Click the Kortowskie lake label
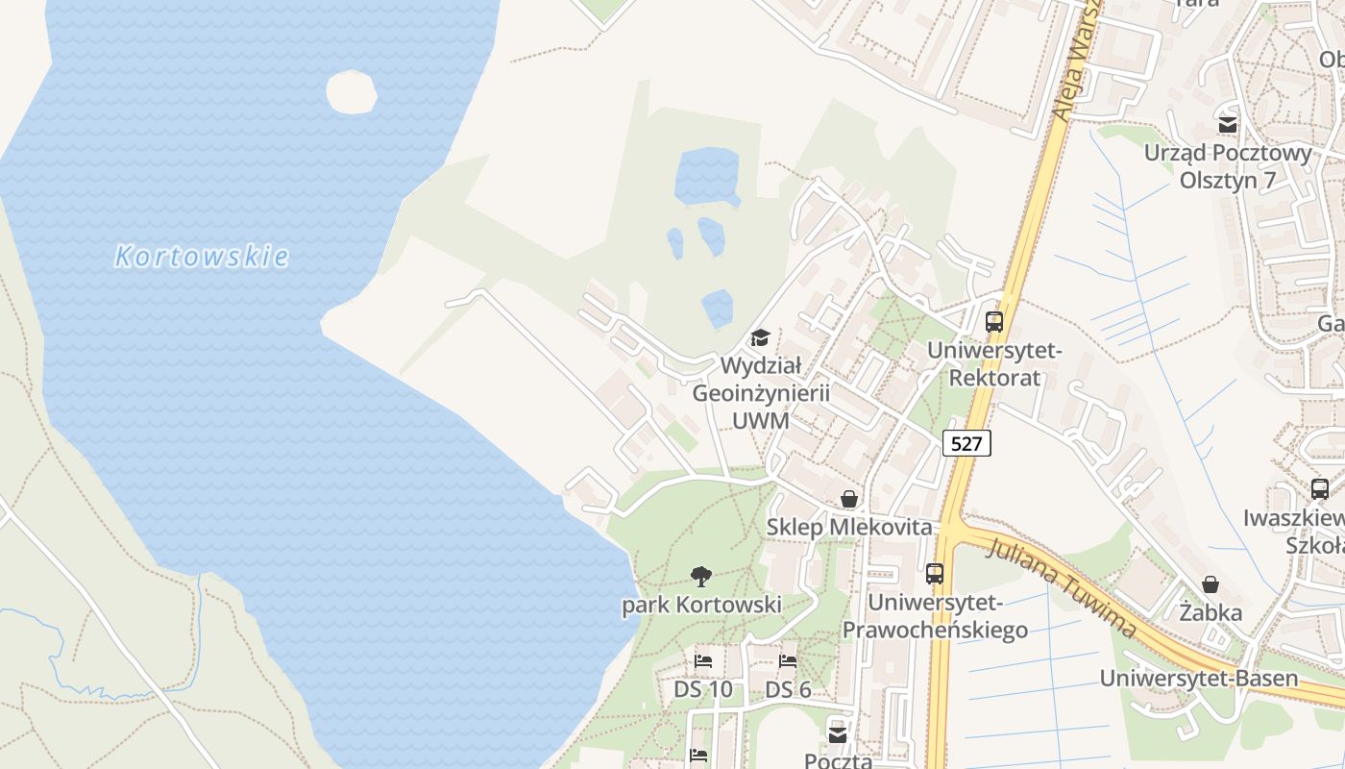tap(202, 257)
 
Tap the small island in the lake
tap(352, 92)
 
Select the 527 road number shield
tap(966, 443)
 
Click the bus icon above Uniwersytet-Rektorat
tap(994, 322)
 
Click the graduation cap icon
tap(760, 337)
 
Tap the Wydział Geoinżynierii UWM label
tap(761, 393)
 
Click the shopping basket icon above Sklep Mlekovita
tap(849, 499)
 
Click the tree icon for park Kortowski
tap(701, 577)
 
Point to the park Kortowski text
tap(701, 606)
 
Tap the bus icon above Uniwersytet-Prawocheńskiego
tap(935, 574)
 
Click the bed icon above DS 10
tap(703, 661)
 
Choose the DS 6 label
tap(788, 690)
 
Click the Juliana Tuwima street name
tap(1062, 588)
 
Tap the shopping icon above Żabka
tap(1210, 584)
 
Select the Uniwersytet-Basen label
tap(1199, 679)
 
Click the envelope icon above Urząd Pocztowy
tap(1228, 124)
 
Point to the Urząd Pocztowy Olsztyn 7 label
tap(1228, 166)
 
